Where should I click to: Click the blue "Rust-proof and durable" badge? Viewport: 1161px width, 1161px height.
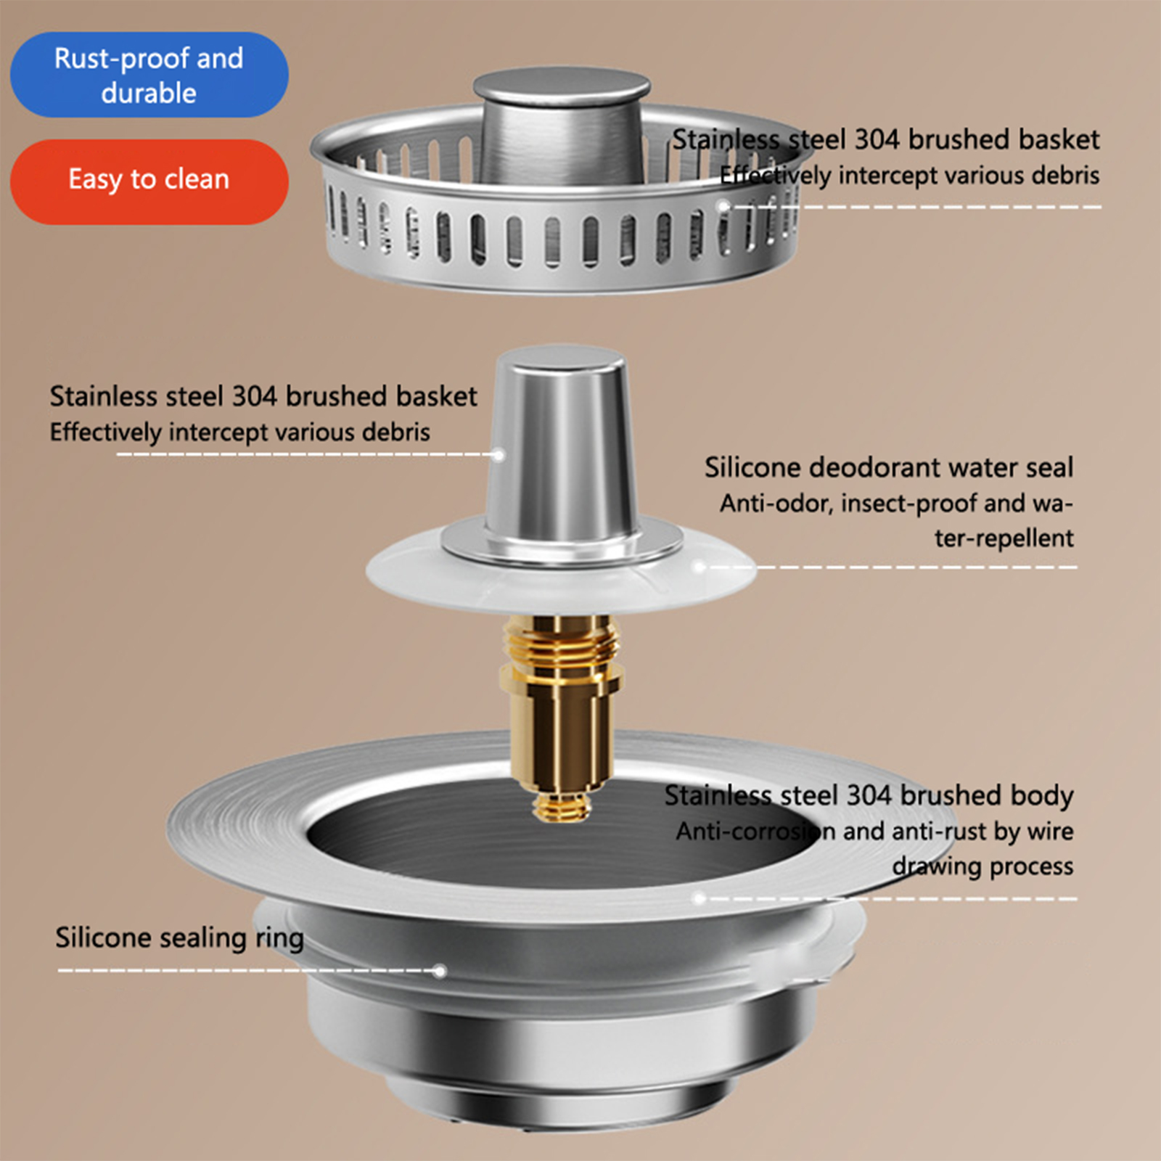[149, 75]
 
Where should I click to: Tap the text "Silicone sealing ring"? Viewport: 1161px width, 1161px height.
[180, 938]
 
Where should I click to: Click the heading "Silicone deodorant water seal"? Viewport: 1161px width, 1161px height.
[889, 467]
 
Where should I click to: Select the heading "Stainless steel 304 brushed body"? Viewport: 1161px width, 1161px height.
[869, 796]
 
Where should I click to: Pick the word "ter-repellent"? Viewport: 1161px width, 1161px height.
[1004, 538]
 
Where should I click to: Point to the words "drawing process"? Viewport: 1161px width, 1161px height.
[983, 866]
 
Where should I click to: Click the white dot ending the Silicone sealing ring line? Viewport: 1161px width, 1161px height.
[439, 971]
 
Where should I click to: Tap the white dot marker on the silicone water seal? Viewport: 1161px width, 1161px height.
[700, 567]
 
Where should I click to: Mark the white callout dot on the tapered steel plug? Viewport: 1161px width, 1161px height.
[499, 455]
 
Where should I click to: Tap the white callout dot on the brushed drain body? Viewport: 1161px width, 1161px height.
[700, 898]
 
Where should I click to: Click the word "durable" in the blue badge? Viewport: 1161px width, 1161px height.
[149, 93]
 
